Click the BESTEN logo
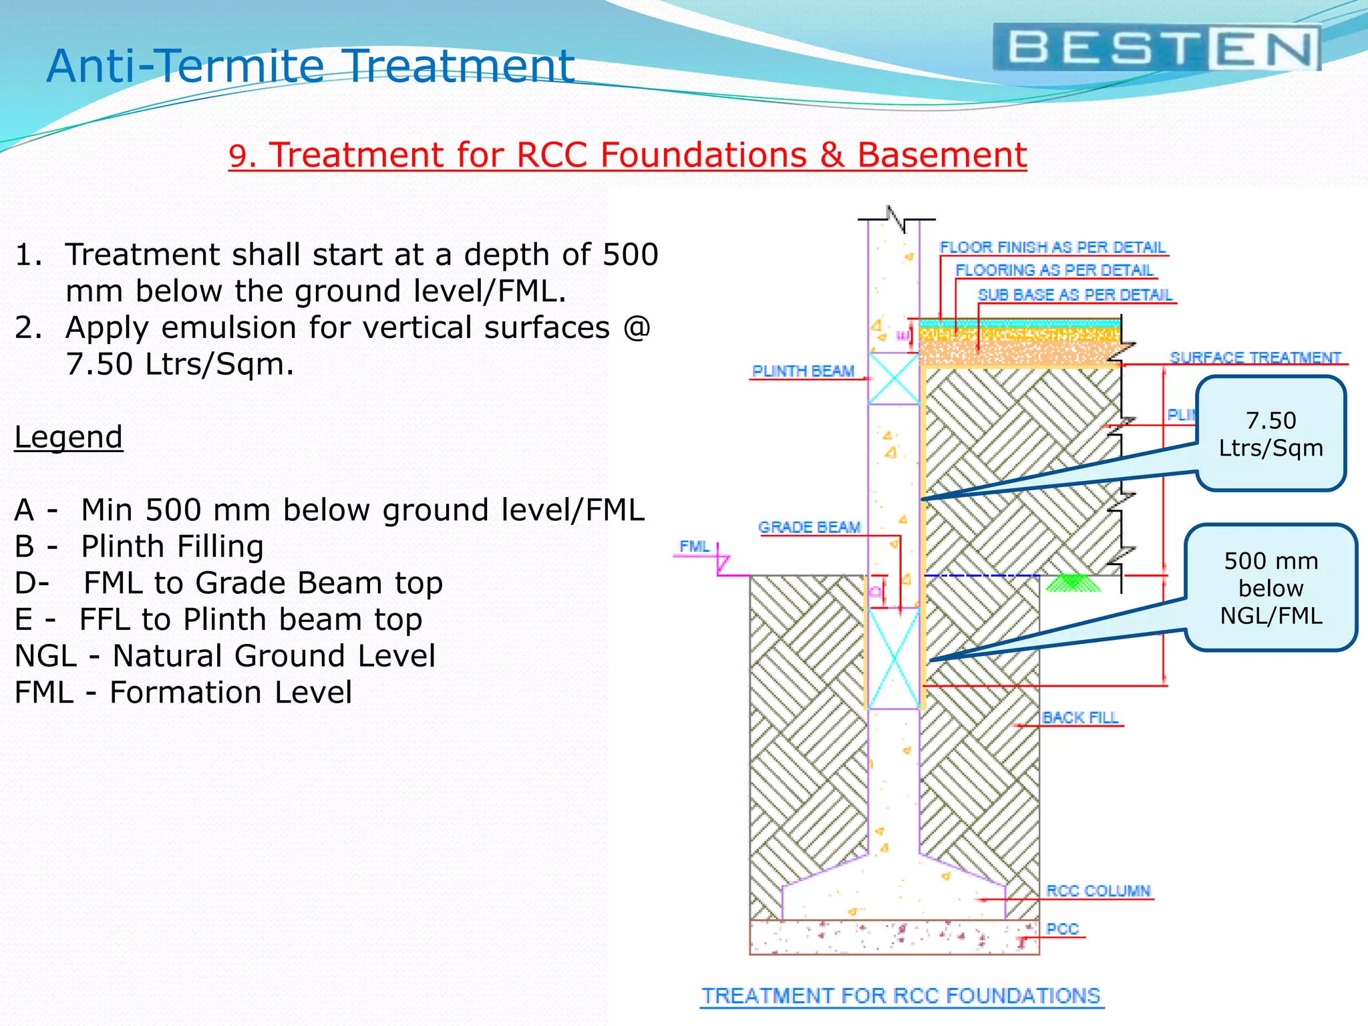pyautogui.click(x=1156, y=48)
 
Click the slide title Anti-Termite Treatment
pyautogui.click(x=311, y=66)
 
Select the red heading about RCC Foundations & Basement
pyautogui.click(x=627, y=155)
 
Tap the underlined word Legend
pyautogui.click(x=68, y=438)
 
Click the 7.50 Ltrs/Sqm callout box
pyautogui.click(x=1270, y=434)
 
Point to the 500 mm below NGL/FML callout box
pyautogui.click(x=1270, y=588)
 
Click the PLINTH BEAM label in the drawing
pyautogui.click(x=803, y=371)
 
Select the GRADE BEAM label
pyautogui.click(x=809, y=528)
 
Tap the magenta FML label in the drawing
pyautogui.click(x=694, y=546)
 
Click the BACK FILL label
pyautogui.click(x=1079, y=718)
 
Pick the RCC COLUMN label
pyautogui.click(x=1098, y=891)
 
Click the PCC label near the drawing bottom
pyautogui.click(x=1062, y=929)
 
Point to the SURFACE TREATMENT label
pyautogui.click(x=1255, y=358)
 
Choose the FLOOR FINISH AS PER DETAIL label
pyautogui.click(x=1052, y=248)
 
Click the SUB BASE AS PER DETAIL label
pyautogui.click(x=1075, y=295)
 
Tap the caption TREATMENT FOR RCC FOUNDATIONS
pyautogui.click(x=901, y=996)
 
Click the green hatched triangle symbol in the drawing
pyautogui.click(x=1072, y=583)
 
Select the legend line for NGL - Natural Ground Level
pyautogui.click(x=224, y=656)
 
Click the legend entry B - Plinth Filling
pyautogui.click(x=139, y=546)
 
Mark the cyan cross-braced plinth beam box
pyautogui.click(x=894, y=379)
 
